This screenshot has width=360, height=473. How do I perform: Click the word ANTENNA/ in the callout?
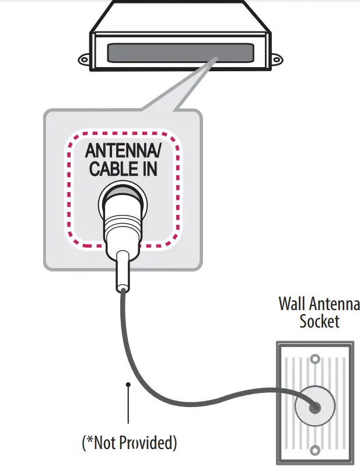[122, 150]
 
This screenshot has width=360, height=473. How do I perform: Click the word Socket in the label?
[319, 321]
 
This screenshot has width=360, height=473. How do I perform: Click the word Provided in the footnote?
[145, 443]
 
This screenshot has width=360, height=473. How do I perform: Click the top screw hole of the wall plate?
[315, 359]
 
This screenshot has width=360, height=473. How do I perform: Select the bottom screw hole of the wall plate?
[315, 450]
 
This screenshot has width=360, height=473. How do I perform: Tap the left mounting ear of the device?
[83, 59]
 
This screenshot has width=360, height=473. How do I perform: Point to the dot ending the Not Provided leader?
[128, 384]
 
